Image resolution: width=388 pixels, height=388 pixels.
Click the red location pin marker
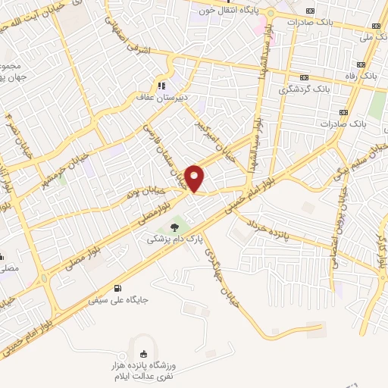click(x=196, y=177)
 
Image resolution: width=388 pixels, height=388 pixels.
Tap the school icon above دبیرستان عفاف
click(x=160, y=85)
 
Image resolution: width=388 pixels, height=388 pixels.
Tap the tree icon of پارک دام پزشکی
click(x=176, y=227)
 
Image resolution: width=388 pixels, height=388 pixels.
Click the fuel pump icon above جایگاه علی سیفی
click(x=117, y=288)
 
